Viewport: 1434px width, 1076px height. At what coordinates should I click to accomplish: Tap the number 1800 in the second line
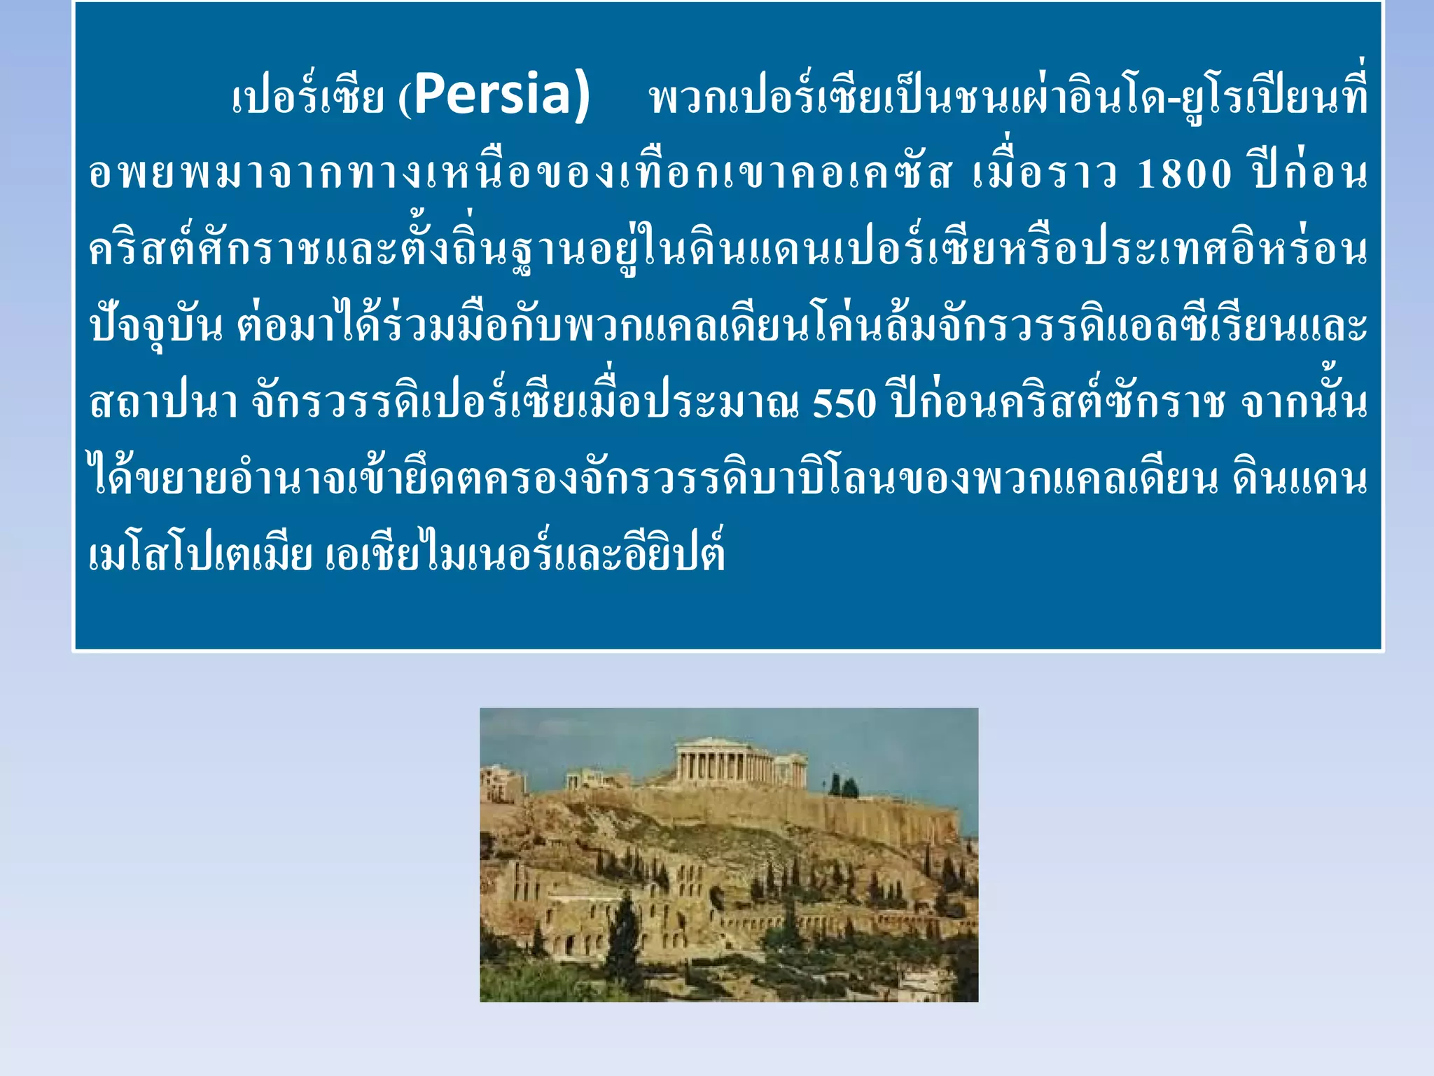click(x=1183, y=174)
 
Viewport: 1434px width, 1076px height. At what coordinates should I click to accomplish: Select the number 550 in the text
click(x=844, y=404)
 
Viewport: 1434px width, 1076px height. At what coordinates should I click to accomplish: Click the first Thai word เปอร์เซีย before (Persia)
click(x=308, y=98)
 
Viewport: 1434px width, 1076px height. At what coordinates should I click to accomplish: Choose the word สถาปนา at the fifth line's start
click(x=163, y=404)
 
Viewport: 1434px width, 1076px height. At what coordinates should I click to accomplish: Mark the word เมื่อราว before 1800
click(x=1043, y=174)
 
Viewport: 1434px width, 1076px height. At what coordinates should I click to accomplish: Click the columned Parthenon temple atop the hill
click(x=725, y=764)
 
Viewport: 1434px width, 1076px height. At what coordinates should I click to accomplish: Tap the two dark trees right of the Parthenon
click(x=843, y=786)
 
